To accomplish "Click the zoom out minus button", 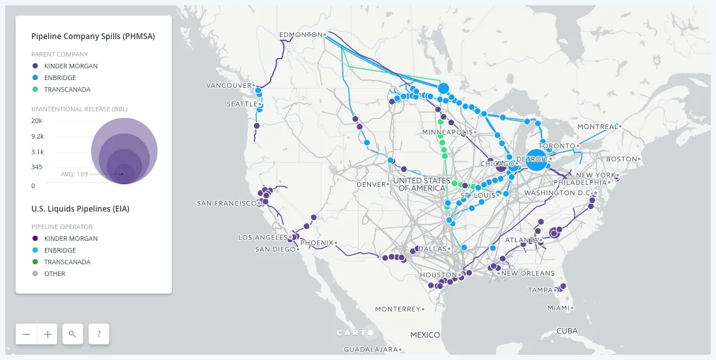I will point(27,334).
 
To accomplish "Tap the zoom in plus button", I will point(48,334).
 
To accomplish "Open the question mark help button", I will point(99,334).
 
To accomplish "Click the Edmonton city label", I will point(300,35).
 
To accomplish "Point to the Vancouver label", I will point(228,85).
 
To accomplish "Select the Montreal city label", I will point(597,126).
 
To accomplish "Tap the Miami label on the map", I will point(557,308).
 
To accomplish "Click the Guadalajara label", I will point(371,350).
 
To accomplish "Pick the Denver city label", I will point(372,184).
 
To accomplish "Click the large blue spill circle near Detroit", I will point(536,159).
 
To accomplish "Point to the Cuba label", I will point(566,331).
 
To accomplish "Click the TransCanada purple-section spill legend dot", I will point(35,89).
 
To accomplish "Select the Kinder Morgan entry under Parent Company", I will point(71,66).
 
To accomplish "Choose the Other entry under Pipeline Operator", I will point(55,273).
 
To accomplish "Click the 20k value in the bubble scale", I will point(37,120).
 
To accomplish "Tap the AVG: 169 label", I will point(74,174).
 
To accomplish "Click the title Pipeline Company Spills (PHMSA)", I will point(93,36).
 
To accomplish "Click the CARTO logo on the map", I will point(355,333).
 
